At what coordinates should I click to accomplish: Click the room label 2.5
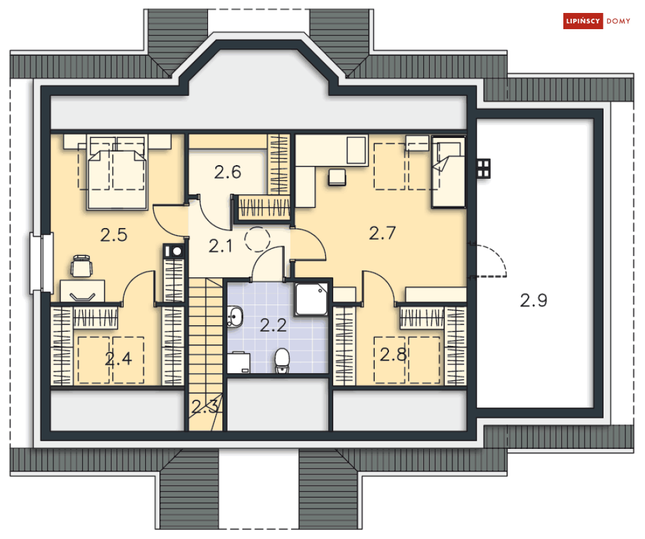(113, 235)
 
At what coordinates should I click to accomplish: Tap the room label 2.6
(228, 172)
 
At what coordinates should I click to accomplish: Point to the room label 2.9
(534, 300)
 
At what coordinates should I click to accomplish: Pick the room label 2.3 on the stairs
(204, 407)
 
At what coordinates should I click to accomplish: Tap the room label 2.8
(393, 354)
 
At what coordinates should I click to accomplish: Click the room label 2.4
(119, 358)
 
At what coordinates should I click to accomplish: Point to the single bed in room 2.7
(449, 172)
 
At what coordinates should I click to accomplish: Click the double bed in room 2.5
(117, 172)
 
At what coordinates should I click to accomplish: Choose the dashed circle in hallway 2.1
(257, 240)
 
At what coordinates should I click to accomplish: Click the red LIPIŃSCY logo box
(583, 21)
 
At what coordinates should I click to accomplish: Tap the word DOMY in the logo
(618, 21)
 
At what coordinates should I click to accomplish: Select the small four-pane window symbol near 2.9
(482, 168)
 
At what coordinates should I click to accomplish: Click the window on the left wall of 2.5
(40, 264)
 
